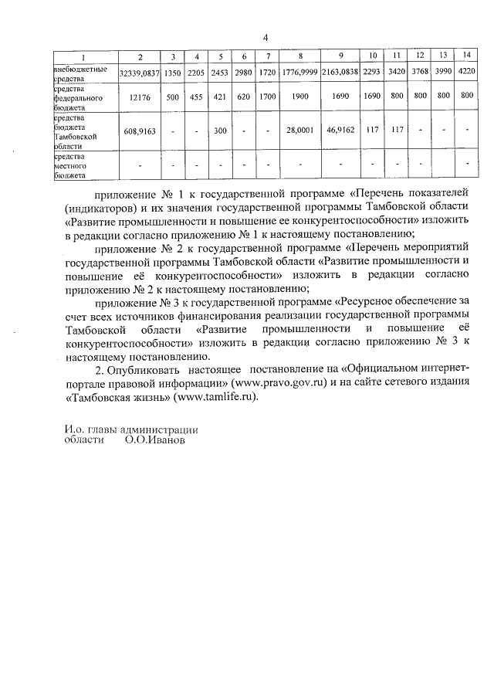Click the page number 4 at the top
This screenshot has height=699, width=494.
[265, 37]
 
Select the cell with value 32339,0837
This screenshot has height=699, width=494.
[140, 72]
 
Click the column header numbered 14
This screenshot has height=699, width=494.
[466, 56]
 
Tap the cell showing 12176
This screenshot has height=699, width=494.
[140, 98]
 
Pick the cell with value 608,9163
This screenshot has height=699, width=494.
[140, 131]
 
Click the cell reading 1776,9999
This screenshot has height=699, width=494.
[299, 72]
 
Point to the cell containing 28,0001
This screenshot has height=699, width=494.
[299, 131]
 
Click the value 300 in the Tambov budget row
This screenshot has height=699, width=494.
[220, 131]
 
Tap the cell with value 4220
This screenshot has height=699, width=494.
[466, 72]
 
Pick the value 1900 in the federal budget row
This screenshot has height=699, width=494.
[299, 98]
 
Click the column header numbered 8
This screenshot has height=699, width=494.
[299, 56]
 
